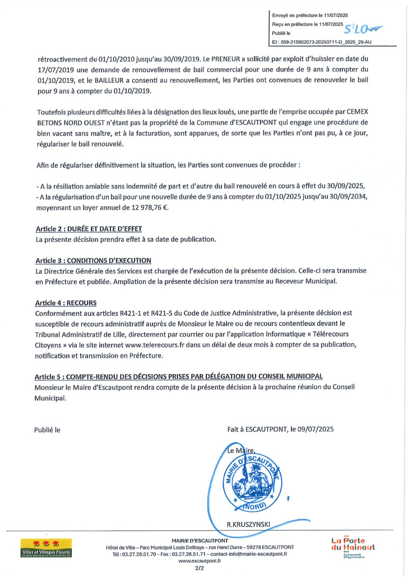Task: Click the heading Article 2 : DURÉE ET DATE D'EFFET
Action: click(89, 229)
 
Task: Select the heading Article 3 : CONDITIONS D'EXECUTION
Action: click(94, 261)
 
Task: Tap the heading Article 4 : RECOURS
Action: click(66, 303)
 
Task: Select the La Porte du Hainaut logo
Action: click(353, 547)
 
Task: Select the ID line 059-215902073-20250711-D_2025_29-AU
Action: click(321, 42)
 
